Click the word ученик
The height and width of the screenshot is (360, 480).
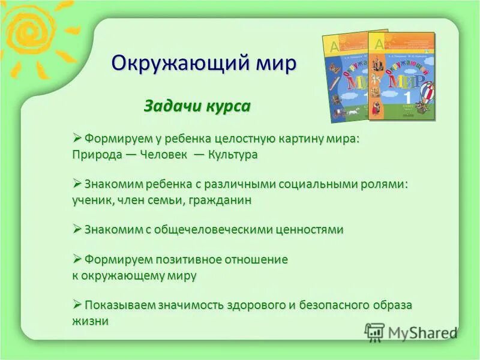point(92,200)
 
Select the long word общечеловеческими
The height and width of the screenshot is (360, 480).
point(218,229)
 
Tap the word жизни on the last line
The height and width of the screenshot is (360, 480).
point(90,321)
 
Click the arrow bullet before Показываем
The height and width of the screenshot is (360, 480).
point(77,305)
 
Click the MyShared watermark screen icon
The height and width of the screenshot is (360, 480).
point(374,332)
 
